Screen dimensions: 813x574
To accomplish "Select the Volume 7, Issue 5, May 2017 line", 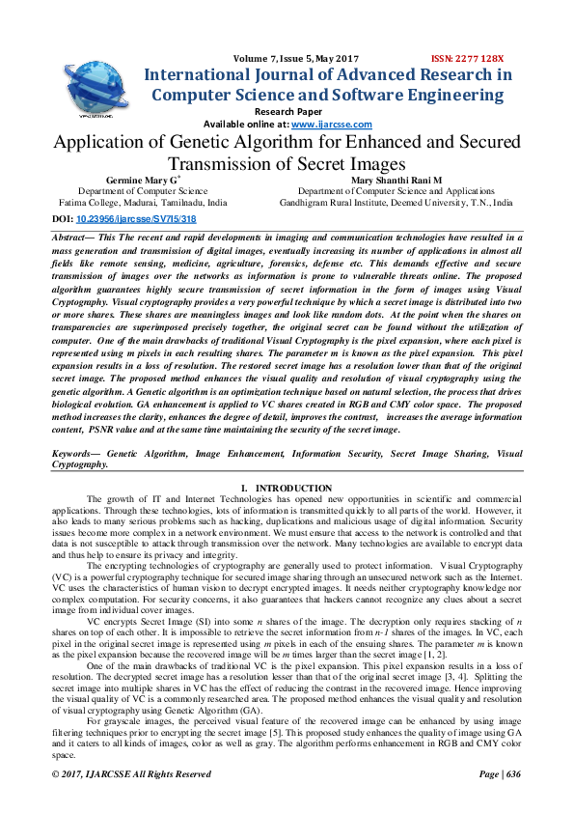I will coord(288,58).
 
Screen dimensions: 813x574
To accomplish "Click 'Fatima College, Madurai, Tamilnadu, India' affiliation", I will coord(139,204).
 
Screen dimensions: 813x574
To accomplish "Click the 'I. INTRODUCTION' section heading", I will coord(287,488).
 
